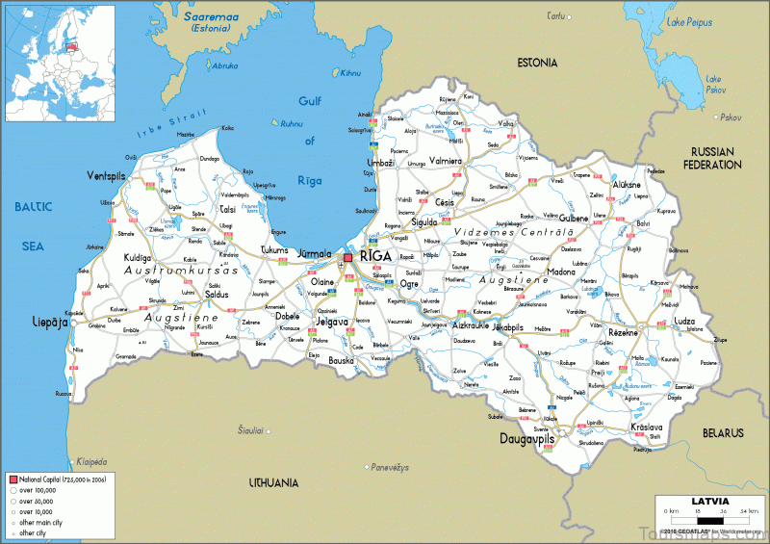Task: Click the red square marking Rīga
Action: tap(347, 258)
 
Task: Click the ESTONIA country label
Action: tap(537, 63)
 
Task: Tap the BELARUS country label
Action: tap(722, 433)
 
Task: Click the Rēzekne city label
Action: tap(624, 331)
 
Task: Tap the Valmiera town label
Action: tap(446, 161)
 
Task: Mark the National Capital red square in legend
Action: tap(13, 479)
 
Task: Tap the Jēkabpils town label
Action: tap(507, 327)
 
